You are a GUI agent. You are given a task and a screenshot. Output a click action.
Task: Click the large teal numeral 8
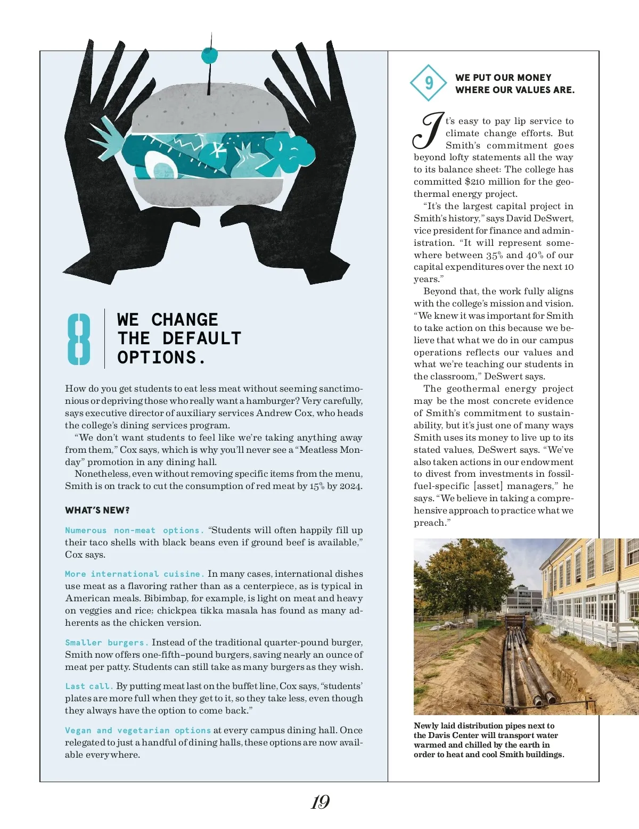[x=79, y=339]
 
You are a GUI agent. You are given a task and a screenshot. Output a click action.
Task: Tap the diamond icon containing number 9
[x=428, y=83]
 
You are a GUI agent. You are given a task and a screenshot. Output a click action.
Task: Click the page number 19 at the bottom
[x=320, y=802]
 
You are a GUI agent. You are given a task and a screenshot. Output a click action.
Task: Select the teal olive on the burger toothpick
[x=209, y=55]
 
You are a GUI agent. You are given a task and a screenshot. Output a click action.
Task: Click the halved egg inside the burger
[x=160, y=165]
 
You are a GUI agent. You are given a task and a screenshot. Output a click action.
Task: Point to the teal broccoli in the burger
[x=290, y=152]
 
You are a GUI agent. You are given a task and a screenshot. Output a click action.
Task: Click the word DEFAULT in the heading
[x=202, y=338]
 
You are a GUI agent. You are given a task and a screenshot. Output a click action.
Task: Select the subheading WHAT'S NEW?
[x=97, y=510]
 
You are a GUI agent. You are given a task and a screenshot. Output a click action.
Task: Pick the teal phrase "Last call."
[x=89, y=686]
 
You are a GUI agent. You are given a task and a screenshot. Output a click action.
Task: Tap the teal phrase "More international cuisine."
[x=135, y=574]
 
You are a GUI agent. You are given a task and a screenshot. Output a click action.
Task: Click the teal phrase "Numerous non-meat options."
[x=135, y=530]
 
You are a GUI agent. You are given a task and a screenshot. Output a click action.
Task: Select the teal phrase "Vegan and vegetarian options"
[x=138, y=731]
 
